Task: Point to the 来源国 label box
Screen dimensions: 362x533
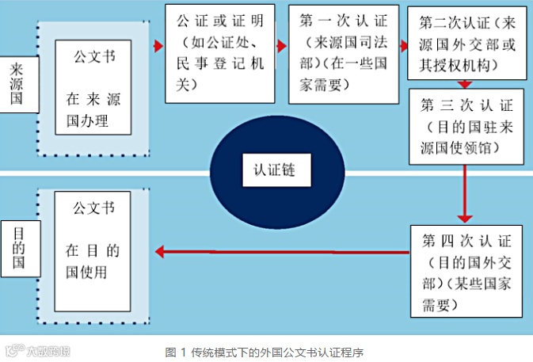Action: coord(18,83)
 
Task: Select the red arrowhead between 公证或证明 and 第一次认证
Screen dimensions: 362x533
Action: coord(280,45)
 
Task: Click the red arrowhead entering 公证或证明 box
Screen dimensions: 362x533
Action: coord(157,45)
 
